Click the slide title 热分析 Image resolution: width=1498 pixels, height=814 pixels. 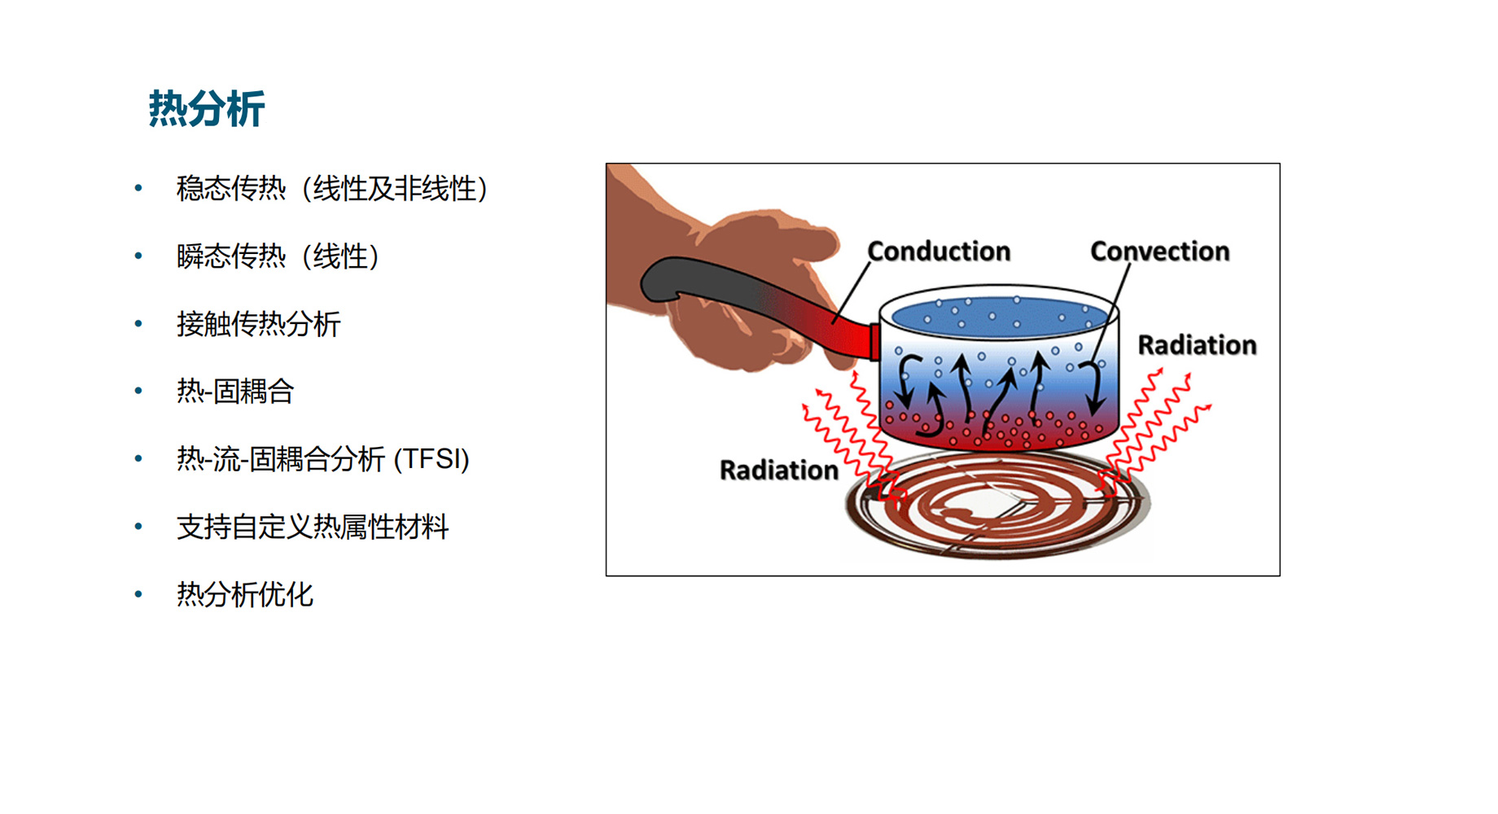(207, 109)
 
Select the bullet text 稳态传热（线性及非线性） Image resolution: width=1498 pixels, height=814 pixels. (332, 189)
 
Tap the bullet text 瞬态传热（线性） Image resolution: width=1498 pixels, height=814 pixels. (278, 256)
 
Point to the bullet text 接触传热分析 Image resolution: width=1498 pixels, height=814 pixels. (258, 324)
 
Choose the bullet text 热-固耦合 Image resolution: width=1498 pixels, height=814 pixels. (234, 392)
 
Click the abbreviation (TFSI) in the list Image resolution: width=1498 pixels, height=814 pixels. (431, 459)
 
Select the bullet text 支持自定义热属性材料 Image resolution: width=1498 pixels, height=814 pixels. (313, 527)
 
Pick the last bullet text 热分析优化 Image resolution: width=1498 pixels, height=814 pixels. (244, 594)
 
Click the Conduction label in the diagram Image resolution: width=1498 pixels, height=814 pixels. (939, 252)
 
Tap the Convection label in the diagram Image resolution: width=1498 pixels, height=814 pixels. (1159, 252)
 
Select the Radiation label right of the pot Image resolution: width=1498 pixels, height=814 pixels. (1197, 345)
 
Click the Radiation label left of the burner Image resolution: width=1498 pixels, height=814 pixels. (779, 470)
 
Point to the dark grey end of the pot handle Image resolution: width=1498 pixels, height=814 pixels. (676, 281)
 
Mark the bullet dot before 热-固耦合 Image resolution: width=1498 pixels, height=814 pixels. (138, 392)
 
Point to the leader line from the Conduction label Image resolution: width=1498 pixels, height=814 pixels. (851, 293)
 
